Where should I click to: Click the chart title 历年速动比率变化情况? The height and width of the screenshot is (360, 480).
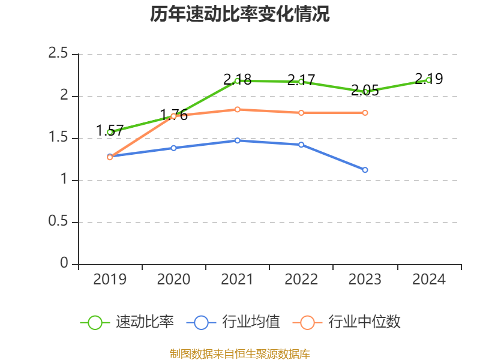point(240,14)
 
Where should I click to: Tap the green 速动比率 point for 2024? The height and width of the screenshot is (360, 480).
point(428,80)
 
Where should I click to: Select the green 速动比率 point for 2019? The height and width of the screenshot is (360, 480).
point(110,132)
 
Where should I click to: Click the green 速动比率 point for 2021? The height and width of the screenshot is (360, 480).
point(237,80)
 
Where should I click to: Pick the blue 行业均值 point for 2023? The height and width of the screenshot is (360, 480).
point(365,170)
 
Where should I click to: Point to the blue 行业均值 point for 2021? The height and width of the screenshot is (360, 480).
point(237,140)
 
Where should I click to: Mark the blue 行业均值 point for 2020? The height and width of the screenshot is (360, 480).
point(173,148)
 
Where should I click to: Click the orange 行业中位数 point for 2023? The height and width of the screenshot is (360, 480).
point(365,113)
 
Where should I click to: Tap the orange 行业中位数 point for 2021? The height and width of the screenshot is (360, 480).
point(237,109)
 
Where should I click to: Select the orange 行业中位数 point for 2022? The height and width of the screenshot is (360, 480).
point(301,113)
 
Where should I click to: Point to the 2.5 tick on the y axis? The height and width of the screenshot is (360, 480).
point(58,55)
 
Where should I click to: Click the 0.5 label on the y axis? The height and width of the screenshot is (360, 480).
point(58,223)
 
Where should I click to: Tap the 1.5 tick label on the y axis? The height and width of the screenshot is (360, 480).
point(58,139)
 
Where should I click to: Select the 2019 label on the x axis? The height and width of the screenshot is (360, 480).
point(110,280)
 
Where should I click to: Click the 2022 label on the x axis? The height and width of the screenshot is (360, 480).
point(301,280)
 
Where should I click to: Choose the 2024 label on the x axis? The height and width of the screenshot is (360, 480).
point(428,280)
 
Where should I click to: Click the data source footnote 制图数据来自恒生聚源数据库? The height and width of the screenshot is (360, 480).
point(240,353)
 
